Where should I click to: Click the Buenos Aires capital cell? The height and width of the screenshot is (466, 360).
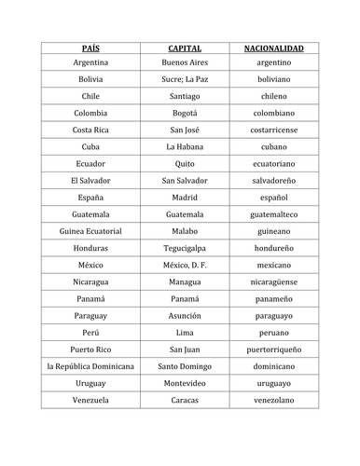pyautogui.click(x=185, y=62)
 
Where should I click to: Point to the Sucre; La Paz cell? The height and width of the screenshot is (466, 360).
pyautogui.click(x=185, y=79)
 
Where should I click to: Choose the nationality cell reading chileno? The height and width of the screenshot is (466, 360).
pyautogui.click(x=274, y=96)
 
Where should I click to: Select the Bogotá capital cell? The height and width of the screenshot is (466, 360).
pyautogui.click(x=185, y=113)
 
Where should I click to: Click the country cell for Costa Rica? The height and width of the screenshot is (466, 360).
pyautogui.click(x=90, y=130)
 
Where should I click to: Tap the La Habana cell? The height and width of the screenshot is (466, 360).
pyautogui.click(x=185, y=146)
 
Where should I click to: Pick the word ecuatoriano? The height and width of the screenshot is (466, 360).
pyautogui.click(x=274, y=163)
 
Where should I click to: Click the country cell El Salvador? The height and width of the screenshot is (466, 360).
pyautogui.click(x=90, y=180)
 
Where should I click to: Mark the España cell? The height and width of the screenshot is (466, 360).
pyautogui.click(x=90, y=198)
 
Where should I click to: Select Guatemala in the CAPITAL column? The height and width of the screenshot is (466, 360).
pyautogui.click(x=185, y=214)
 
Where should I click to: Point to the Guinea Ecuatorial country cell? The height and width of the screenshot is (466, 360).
pyautogui.click(x=90, y=231)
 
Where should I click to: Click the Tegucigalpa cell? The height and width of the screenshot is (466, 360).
pyautogui.click(x=185, y=248)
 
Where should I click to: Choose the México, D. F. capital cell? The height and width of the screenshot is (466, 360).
pyautogui.click(x=185, y=265)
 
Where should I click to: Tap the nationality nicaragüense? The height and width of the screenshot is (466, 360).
pyautogui.click(x=274, y=281)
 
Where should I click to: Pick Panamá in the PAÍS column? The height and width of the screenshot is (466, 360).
pyautogui.click(x=90, y=298)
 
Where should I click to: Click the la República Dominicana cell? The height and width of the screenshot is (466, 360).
pyautogui.click(x=90, y=366)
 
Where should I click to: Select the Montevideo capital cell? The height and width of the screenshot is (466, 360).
pyautogui.click(x=185, y=383)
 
